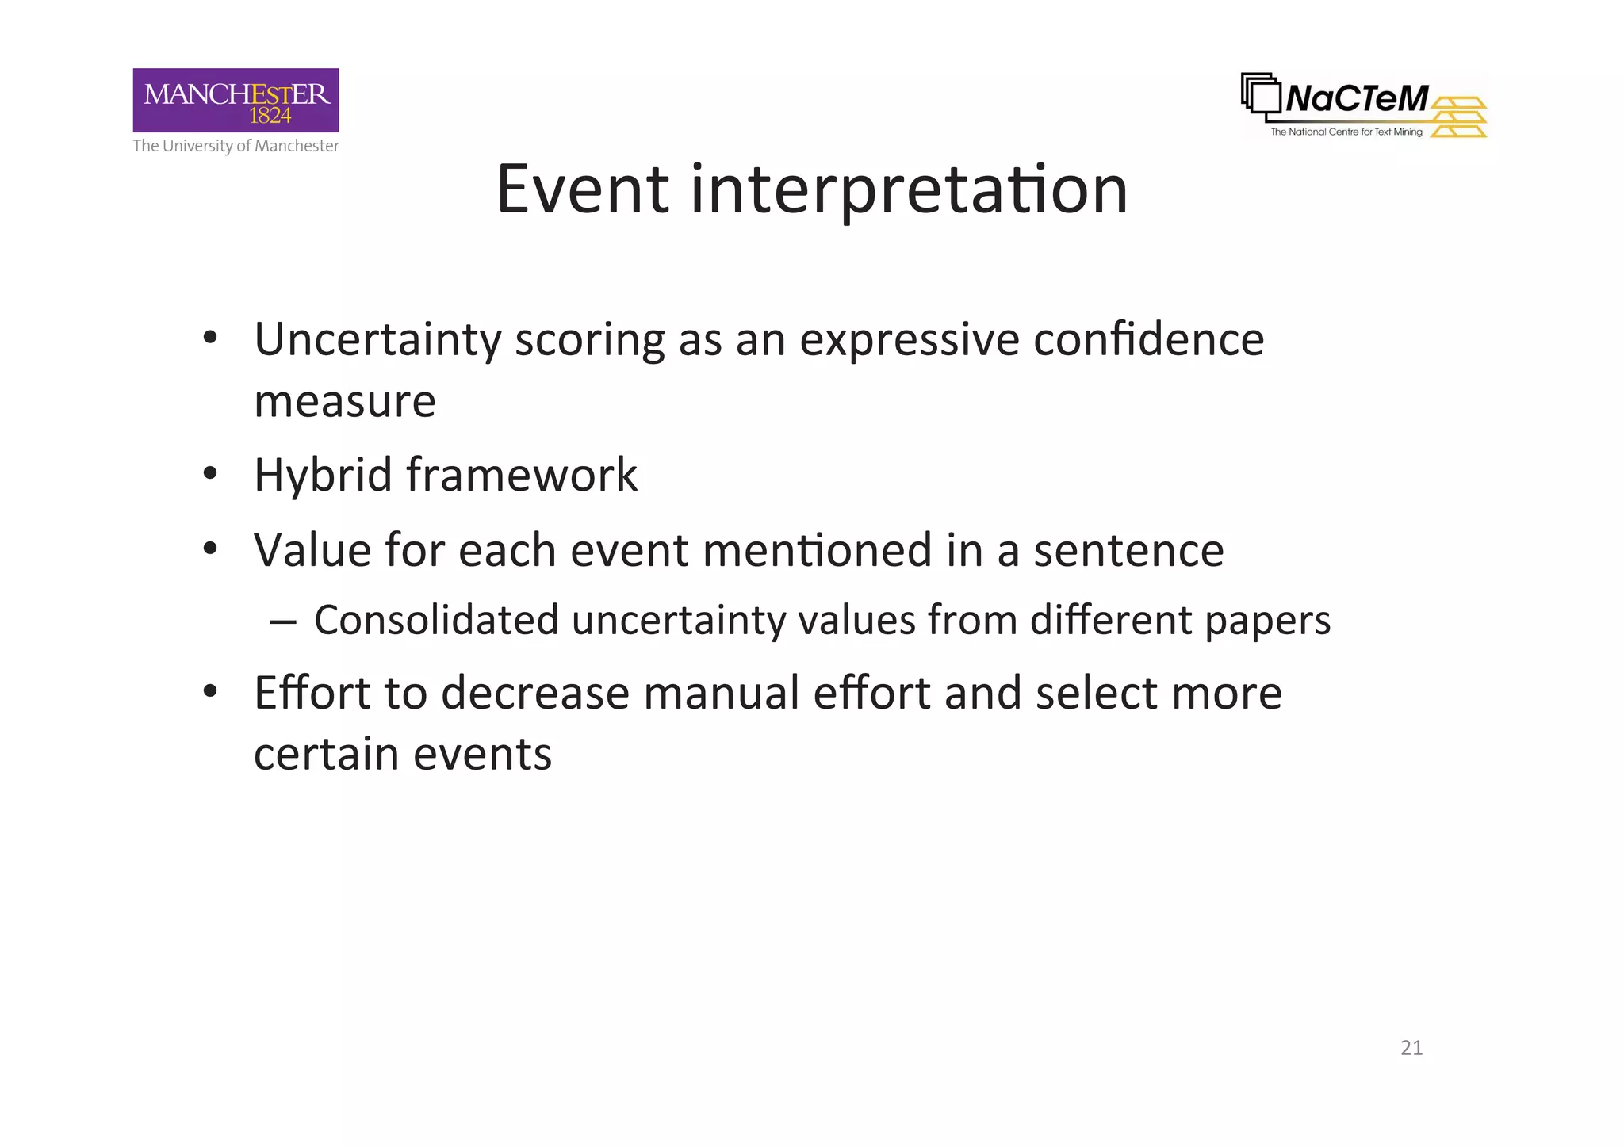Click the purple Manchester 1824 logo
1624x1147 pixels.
point(236,100)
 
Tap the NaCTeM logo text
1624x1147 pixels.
point(1357,99)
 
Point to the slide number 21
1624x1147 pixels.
point(1411,1048)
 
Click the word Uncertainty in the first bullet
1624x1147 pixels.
point(377,340)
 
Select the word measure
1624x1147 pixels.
point(345,401)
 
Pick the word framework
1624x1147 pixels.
point(522,475)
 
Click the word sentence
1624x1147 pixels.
point(1128,550)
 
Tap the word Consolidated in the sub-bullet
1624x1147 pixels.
point(436,620)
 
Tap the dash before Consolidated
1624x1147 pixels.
point(283,621)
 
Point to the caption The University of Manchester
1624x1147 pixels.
point(236,146)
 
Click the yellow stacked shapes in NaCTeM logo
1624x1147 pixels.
point(1460,117)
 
